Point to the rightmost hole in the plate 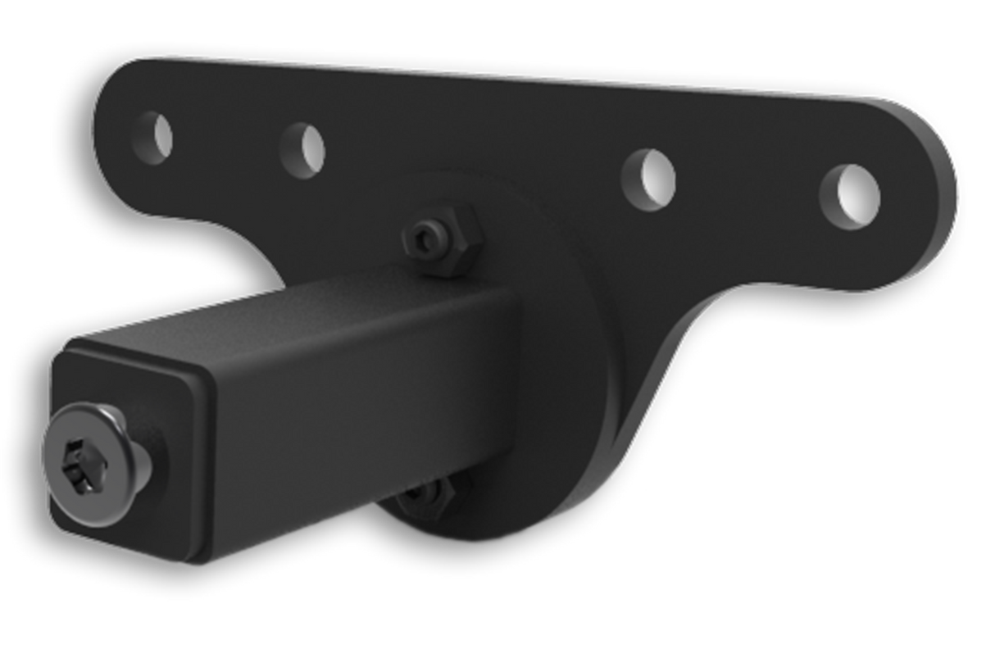point(849,197)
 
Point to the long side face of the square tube point(352,426)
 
